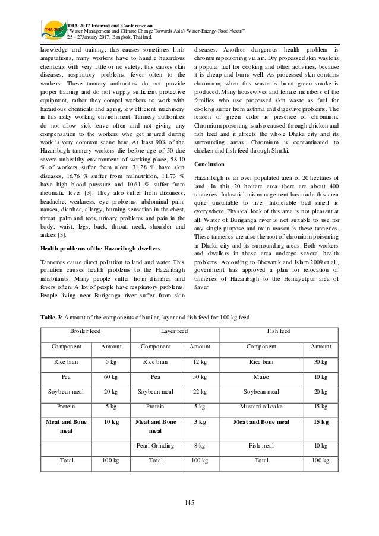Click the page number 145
pos(190,503)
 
